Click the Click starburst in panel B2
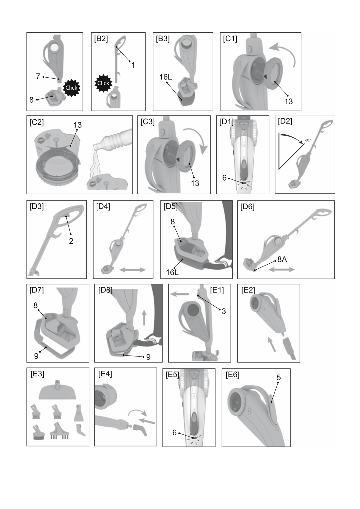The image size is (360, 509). tap(103, 83)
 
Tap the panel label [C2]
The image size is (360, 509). tap(37, 122)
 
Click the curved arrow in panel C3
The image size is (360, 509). tap(198, 137)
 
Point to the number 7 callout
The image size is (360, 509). tap(38, 76)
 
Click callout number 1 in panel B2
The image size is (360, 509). tap(133, 65)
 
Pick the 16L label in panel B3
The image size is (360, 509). tap(166, 77)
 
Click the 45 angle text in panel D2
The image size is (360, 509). tap(307, 141)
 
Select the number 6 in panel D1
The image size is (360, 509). tap(224, 178)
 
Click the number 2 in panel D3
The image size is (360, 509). tap(71, 241)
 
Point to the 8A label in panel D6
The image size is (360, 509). tap(282, 259)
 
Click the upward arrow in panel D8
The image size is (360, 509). tap(144, 317)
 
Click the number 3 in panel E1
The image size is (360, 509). tap(224, 311)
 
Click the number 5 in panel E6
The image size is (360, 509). tap(279, 377)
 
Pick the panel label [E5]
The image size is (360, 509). tap(172, 375)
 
